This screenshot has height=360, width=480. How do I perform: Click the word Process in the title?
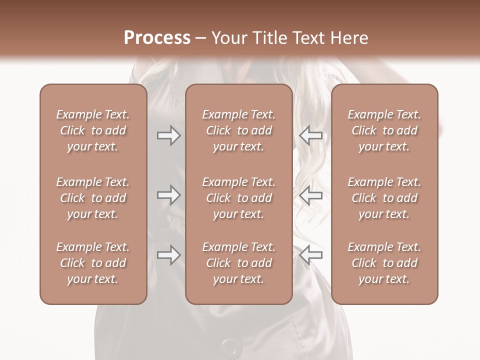pos(157,38)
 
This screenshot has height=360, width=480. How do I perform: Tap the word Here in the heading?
pos(349,38)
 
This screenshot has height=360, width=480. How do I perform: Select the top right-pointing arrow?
pos(168,135)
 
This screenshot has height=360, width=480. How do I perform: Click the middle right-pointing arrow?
pos(168,195)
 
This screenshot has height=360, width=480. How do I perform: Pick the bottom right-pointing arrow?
pos(168,254)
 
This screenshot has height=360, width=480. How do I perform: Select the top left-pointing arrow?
pos(310,135)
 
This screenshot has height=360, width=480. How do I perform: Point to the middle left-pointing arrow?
pos(310,195)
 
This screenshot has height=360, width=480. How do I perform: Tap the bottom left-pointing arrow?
pos(310,254)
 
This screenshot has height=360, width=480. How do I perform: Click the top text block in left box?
pos(93,130)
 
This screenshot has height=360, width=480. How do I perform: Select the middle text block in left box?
pos(93,198)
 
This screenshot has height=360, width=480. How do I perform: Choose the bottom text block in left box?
pos(93,263)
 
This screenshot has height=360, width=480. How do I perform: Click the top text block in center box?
pos(238,130)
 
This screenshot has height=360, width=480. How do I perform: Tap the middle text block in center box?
pos(238,198)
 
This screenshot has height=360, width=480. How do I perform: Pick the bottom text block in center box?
pos(238,263)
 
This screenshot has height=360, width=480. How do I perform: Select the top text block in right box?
pos(384,130)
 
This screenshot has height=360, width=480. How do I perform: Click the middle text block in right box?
pos(384,198)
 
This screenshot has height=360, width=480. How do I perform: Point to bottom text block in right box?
pos(384,263)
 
